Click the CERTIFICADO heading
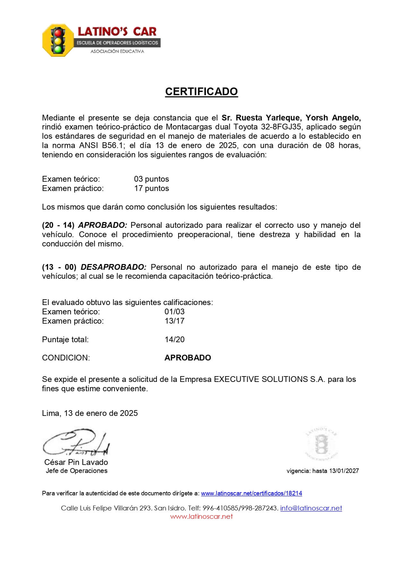click(x=201, y=92)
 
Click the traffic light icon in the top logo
click(x=58, y=40)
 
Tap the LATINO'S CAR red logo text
click(x=117, y=31)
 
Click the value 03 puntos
click(x=151, y=179)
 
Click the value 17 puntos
click(x=151, y=188)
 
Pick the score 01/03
click(x=174, y=312)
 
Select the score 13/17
click(x=174, y=321)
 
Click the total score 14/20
click(x=174, y=340)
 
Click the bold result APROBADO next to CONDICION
click(x=188, y=358)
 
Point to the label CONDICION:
click(x=66, y=358)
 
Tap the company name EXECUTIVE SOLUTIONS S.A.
click(x=269, y=379)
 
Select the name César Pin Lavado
click(x=76, y=462)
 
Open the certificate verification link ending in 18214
click(x=251, y=493)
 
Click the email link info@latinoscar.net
click(x=311, y=508)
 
